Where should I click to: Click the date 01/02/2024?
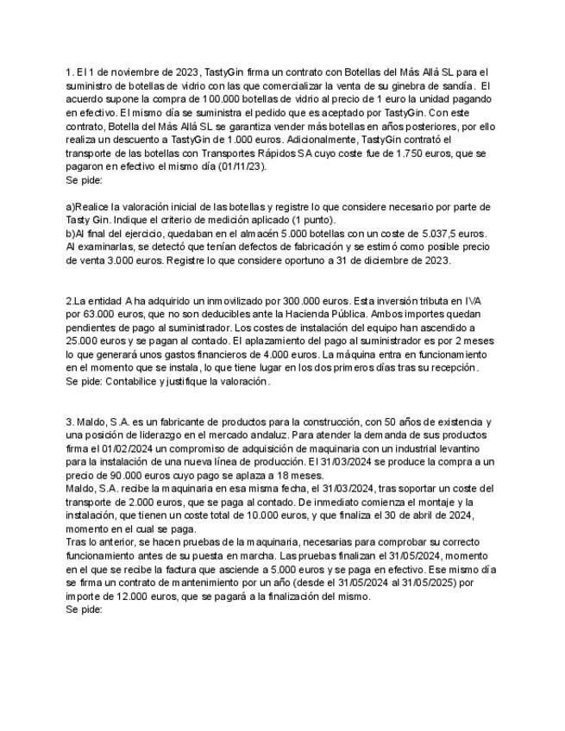click(144, 448)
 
